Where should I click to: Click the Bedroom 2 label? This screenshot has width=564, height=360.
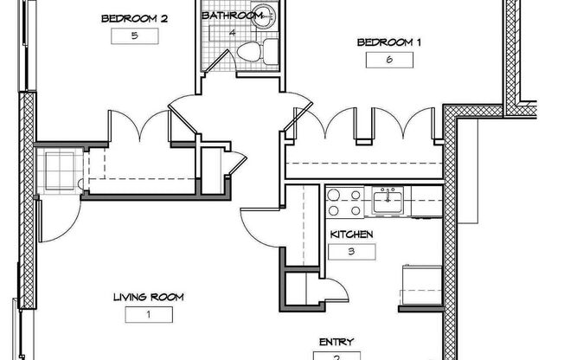point(134,19)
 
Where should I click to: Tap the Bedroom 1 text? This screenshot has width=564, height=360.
point(388,42)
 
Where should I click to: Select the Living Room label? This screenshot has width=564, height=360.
point(149,298)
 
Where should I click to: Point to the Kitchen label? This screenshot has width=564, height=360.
point(351,235)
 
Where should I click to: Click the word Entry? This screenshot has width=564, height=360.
point(336,342)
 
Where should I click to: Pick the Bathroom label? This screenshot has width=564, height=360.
point(233,16)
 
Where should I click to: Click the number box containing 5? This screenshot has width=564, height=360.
point(135,36)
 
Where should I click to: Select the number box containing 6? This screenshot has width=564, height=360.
point(389,60)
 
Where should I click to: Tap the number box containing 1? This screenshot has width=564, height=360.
point(149,315)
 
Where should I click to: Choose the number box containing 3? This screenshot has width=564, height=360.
point(352,252)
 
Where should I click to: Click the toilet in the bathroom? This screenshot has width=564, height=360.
point(258,51)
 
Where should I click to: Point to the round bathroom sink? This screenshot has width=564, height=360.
point(263,16)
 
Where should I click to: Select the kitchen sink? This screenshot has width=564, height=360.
point(388,202)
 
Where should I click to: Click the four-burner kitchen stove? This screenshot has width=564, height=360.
point(345,202)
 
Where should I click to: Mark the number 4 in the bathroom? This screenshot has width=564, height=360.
point(233,33)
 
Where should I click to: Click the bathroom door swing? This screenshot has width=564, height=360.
point(219,61)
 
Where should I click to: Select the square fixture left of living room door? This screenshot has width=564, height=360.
point(60,171)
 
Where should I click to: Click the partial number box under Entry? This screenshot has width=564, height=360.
point(336,356)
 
